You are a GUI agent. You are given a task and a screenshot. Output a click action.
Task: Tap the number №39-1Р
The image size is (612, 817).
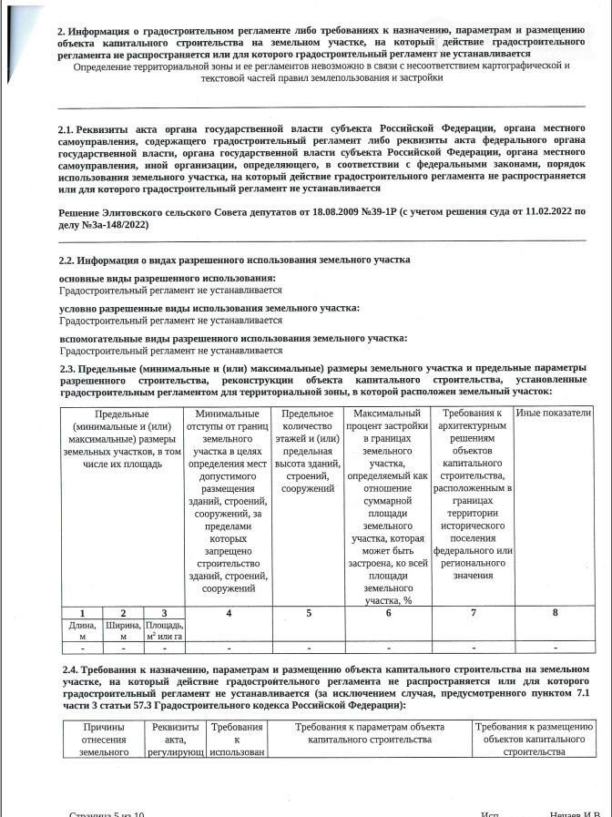coord(377,211)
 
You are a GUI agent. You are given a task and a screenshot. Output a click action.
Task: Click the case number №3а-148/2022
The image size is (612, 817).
coord(116,223)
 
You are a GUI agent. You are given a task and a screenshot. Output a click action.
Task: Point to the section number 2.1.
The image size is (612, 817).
coord(66,130)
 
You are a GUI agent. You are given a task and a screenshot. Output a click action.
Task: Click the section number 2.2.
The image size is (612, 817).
coord(66,260)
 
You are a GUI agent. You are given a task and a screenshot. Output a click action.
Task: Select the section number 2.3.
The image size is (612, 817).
coord(66,367)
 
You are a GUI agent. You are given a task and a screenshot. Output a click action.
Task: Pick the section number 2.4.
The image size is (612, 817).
coord(66,669)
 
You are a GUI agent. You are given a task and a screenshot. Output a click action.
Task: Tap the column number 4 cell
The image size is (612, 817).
coord(229,613)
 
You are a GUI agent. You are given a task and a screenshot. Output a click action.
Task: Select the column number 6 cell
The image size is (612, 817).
coord(388,613)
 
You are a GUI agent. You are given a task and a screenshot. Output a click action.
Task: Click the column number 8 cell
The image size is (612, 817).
coord(555,613)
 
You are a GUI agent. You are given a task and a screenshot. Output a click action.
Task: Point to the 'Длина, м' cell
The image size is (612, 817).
coord(83,629)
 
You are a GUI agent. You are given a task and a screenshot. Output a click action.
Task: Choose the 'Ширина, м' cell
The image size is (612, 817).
coord(124,629)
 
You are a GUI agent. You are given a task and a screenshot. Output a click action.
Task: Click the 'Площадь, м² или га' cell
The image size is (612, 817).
coord(165,629)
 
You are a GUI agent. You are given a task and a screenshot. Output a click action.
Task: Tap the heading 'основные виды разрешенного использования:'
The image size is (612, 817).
coord(167,278)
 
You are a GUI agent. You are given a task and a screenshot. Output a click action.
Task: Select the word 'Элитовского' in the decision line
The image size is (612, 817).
coord(140,211)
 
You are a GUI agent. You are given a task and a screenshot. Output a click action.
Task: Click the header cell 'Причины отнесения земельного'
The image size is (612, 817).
coord(104,739)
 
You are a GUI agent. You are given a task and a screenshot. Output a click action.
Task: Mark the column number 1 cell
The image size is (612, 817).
coord(83,613)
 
